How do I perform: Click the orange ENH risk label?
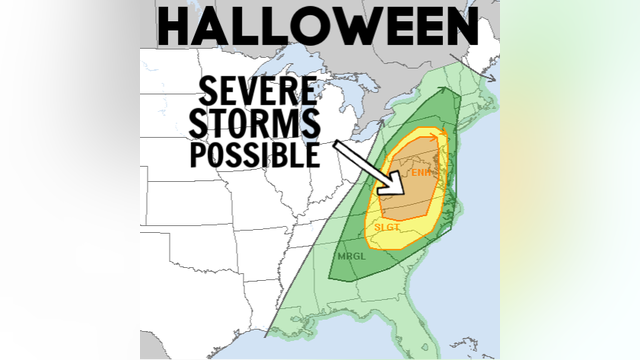pyautogui.click(x=421, y=173)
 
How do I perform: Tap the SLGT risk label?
pyautogui.click(x=387, y=228)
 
